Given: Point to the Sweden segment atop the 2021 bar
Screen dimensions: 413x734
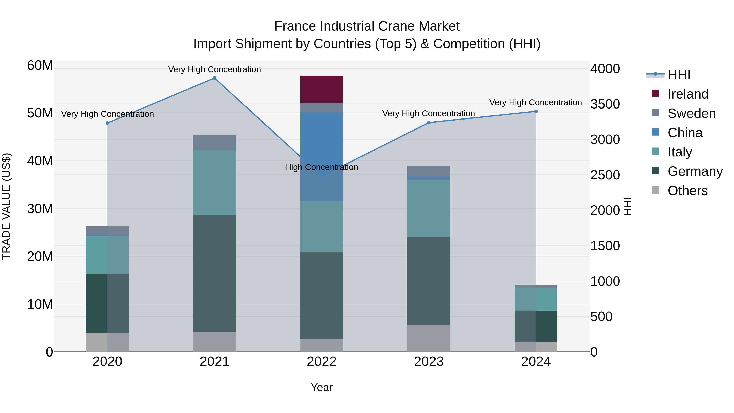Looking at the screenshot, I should coord(214,143).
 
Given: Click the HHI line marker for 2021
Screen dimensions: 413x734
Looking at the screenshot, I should coord(214,78).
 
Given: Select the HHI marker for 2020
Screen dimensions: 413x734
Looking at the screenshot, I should coord(107,123).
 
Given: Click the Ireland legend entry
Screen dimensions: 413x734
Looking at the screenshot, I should coord(688,94).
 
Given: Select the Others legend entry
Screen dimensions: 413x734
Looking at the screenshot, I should coord(687,191).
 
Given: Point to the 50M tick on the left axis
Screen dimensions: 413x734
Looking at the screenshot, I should coord(40,113).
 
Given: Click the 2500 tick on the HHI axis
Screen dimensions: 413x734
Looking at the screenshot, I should coord(605,175).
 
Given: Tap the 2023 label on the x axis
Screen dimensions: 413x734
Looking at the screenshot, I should coord(429,362).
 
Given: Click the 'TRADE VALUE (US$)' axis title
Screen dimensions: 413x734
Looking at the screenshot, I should coord(6,206).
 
